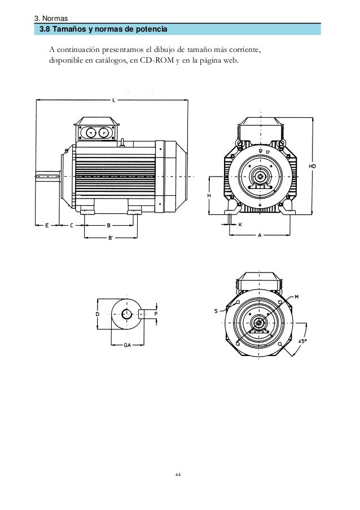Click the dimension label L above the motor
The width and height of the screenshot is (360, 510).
(x=113, y=100)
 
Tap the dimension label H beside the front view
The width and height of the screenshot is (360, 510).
(x=209, y=195)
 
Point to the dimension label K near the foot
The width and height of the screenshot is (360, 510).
(x=240, y=225)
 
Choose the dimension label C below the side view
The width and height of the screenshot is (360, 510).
(x=72, y=225)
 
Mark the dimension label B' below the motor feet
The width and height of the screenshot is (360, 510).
(x=111, y=238)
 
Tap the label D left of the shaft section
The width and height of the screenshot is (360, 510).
(x=97, y=313)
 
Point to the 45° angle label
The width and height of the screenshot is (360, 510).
(x=302, y=341)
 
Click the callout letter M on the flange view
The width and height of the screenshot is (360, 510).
(x=296, y=297)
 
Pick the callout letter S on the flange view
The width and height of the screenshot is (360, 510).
(x=216, y=310)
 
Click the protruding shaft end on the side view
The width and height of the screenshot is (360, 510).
(x=48, y=177)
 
